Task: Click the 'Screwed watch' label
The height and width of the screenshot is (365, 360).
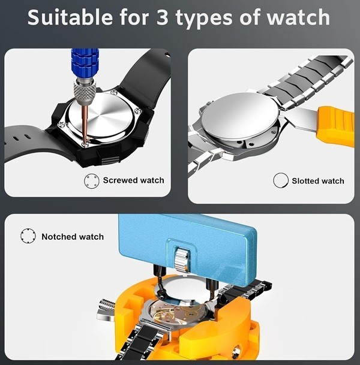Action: [133, 180]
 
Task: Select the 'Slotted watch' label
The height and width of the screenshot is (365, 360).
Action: [318, 180]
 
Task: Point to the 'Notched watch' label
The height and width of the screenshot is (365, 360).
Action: [73, 237]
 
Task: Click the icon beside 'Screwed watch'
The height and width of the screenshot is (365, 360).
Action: [91, 180]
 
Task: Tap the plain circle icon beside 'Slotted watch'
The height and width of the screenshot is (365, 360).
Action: [280, 180]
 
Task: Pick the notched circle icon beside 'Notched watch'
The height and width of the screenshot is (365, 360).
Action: [28, 236]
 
